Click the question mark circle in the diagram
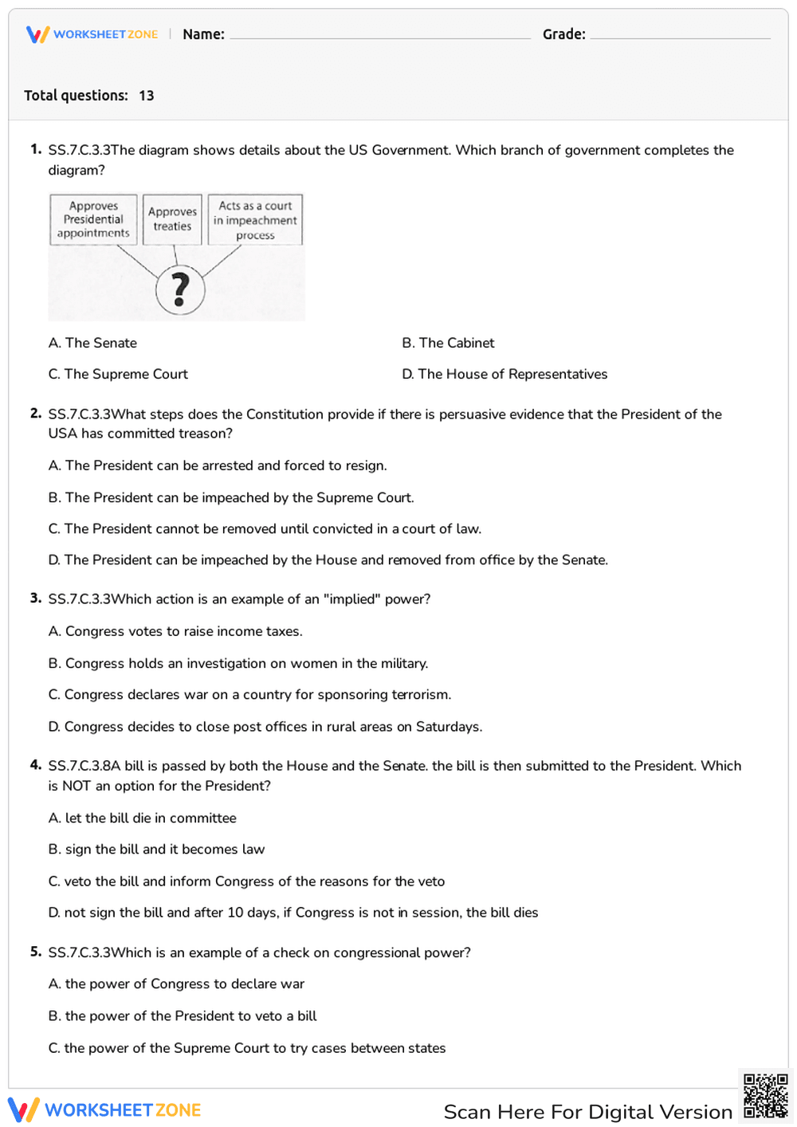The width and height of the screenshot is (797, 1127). click(180, 290)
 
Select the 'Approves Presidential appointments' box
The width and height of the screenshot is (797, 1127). click(93, 219)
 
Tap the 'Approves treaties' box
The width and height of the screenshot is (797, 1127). click(172, 219)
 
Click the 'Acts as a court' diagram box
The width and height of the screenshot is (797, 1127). click(255, 220)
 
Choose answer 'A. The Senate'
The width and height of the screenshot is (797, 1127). click(92, 343)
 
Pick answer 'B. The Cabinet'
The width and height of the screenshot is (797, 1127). click(448, 343)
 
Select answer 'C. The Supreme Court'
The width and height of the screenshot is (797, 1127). click(118, 374)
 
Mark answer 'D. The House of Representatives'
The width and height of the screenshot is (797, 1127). click(505, 374)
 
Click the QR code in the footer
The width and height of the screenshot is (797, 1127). click(765, 1096)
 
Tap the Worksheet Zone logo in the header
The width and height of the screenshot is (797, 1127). click(92, 34)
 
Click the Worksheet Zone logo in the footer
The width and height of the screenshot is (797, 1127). click(104, 1110)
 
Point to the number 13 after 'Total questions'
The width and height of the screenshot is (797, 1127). click(147, 96)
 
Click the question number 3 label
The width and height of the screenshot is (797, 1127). click(35, 598)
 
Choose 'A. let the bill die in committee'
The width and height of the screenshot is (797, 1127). click(142, 818)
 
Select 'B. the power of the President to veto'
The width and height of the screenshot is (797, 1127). click(183, 1015)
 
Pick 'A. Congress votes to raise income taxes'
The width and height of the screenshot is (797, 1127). click(175, 631)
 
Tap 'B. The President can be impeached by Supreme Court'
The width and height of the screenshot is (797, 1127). click(231, 497)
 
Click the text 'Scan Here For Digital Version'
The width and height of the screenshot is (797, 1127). click(587, 1112)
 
